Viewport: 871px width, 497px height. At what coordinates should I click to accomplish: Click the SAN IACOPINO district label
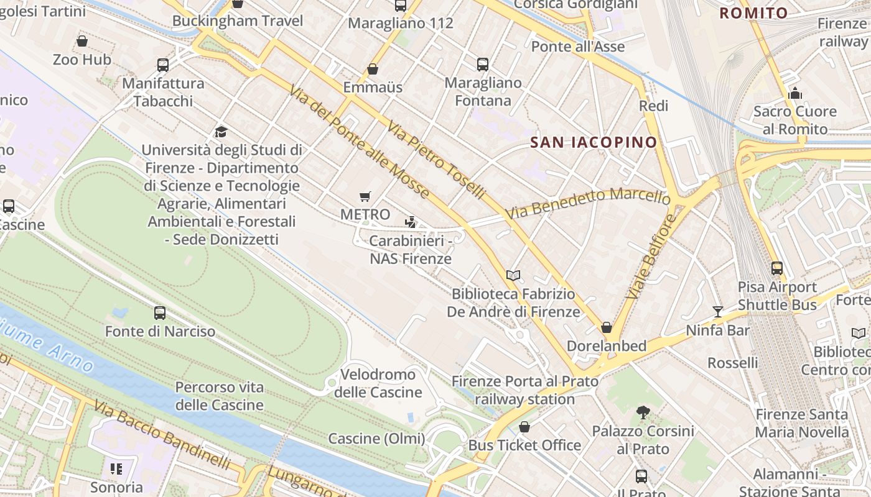coord(593,142)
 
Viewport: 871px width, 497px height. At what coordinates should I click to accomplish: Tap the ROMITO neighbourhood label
coord(753,12)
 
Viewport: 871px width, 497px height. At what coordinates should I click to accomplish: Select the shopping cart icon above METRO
coord(365,196)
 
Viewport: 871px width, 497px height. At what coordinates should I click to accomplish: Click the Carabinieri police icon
coord(410,222)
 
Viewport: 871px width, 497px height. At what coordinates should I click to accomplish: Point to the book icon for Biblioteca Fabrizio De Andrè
coord(513,275)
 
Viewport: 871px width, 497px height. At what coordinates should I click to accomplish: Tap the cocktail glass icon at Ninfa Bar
coord(718,311)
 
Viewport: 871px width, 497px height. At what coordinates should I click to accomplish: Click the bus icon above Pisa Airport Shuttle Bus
coord(776,268)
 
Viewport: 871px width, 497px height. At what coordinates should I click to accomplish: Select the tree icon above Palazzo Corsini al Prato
coord(643,412)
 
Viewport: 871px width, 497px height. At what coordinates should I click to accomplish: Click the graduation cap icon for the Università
coord(221,132)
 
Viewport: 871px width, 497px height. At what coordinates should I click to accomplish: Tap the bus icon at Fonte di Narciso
coord(160,312)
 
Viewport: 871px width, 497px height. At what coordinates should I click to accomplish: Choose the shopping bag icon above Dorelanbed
coord(607,327)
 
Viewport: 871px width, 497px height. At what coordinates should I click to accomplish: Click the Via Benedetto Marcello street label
coord(588,202)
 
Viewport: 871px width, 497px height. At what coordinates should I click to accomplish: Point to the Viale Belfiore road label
coord(651,257)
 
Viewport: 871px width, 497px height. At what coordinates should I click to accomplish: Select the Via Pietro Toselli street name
coord(435,160)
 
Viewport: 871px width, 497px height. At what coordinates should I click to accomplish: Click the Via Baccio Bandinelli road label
coord(162,435)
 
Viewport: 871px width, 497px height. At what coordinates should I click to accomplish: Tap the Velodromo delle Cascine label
coord(378,383)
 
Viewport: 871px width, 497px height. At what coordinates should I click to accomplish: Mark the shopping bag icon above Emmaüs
coord(373,68)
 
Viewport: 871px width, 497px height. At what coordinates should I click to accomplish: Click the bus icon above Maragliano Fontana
coord(482,64)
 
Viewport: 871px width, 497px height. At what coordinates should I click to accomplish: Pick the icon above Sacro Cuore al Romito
coord(794,93)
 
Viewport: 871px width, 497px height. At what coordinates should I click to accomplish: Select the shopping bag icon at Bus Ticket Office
coord(524,427)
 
